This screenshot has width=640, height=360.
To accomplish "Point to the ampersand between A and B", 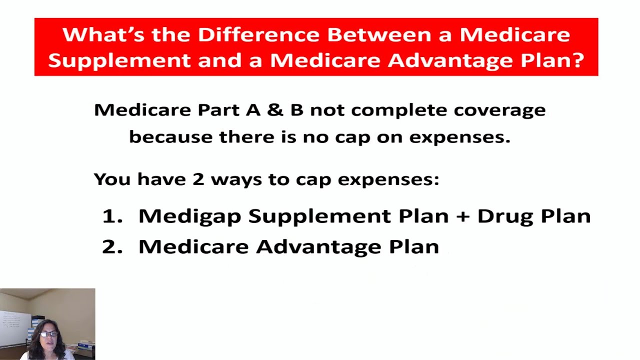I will (x=274, y=109).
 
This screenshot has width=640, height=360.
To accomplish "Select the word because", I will (x=170, y=137).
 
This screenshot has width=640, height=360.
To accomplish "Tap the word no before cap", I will (x=315, y=137).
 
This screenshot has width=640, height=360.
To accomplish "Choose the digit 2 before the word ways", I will (x=198, y=179).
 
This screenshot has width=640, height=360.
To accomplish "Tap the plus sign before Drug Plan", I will (x=462, y=216).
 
